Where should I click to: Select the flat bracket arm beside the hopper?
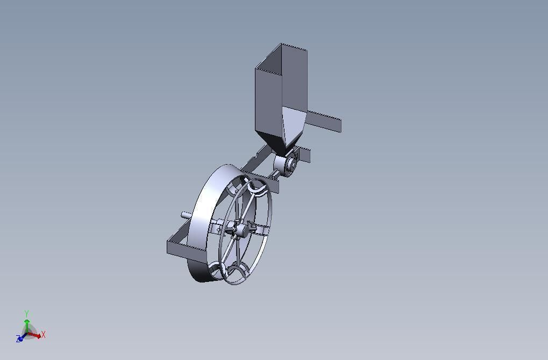point(325,122)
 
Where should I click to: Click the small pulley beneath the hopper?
point(285,164)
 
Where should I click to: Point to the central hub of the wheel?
point(239,230)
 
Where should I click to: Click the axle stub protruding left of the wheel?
point(186,215)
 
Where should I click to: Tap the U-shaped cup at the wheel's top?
point(257,188)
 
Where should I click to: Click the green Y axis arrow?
point(27,319)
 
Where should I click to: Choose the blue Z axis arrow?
point(21,338)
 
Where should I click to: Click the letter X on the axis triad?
point(44,335)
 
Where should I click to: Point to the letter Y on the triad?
point(27,313)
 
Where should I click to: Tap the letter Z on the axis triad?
point(18,340)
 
